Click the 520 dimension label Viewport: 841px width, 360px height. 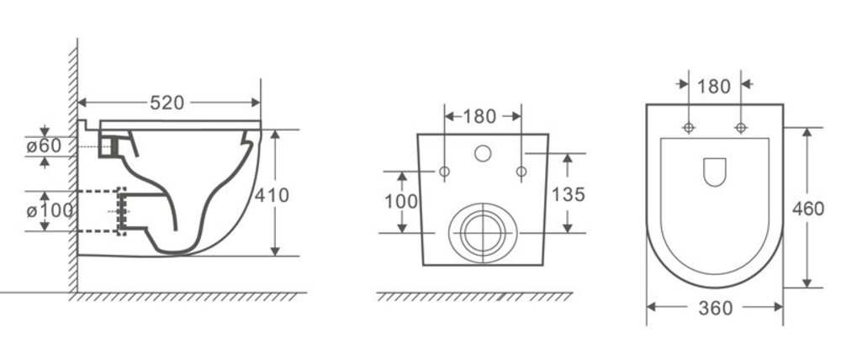click(167, 103)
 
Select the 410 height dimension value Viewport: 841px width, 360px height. click(272, 195)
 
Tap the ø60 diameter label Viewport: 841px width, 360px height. click(44, 146)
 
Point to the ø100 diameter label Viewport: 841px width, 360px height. click(50, 211)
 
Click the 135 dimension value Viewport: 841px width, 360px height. click(568, 194)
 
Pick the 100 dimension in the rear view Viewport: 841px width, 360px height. click(400, 201)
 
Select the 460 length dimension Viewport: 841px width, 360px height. click(807, 208)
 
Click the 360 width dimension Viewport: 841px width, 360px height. click(716, 308)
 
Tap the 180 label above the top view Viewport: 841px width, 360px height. click(715, 86)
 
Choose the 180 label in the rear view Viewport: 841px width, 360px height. click(479, 116)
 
